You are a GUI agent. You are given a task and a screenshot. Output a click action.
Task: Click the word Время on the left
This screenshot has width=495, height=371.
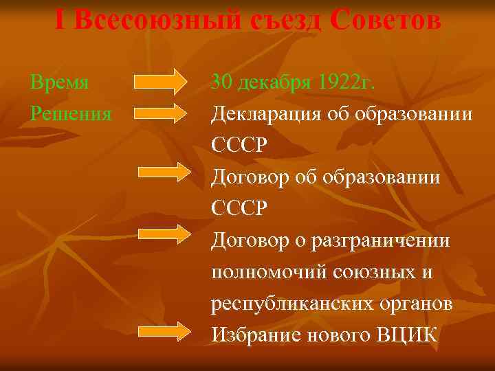coord(60,83)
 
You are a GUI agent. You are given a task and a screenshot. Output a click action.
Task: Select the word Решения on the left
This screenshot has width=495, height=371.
coord(71,113)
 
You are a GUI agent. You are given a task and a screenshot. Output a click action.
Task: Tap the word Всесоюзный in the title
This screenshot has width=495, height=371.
coord(155,21)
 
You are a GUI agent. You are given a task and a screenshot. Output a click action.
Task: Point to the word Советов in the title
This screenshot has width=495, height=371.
coord(385,21)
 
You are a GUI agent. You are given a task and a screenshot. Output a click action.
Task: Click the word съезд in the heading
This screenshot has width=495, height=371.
coord(285,21)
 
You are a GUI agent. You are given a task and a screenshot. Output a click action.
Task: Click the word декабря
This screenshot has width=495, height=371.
coord(276,83)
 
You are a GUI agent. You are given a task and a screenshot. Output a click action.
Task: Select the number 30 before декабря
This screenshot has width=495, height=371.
coord(223,83)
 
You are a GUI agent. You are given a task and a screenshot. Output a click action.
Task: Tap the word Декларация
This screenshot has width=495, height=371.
coord(269,113)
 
